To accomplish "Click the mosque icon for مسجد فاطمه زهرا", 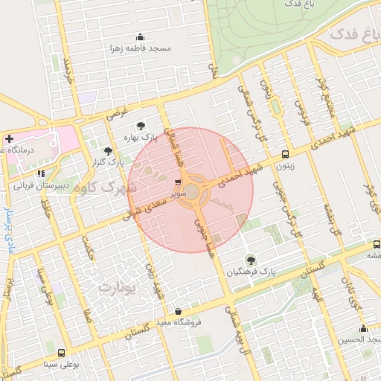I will (140, 37).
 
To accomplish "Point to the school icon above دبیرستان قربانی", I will (51, 174).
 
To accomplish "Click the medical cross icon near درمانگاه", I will (8, 138).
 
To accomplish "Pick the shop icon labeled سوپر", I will (179, 182).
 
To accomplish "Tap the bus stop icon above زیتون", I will (286, 155).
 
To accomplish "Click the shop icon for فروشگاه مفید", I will (178, 312).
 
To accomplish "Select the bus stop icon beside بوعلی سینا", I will (61, 353).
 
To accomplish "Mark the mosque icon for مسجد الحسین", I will (363, 329).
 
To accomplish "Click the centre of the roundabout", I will (192, 192).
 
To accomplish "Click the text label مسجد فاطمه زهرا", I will (141, 48).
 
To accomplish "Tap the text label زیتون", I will (286, 166).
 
